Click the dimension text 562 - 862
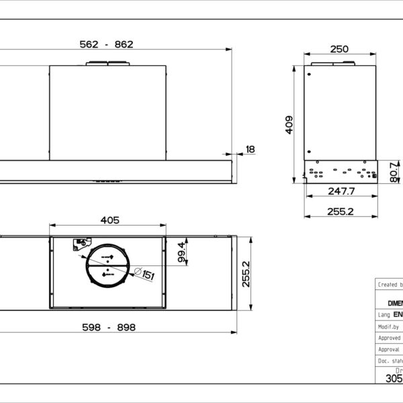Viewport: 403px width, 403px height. [107, 44]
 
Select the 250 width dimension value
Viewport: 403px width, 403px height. [340, 48]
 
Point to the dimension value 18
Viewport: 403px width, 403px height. [250, 149]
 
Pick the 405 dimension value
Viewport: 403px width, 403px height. [109, 220]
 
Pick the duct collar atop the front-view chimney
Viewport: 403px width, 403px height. [107, 64]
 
